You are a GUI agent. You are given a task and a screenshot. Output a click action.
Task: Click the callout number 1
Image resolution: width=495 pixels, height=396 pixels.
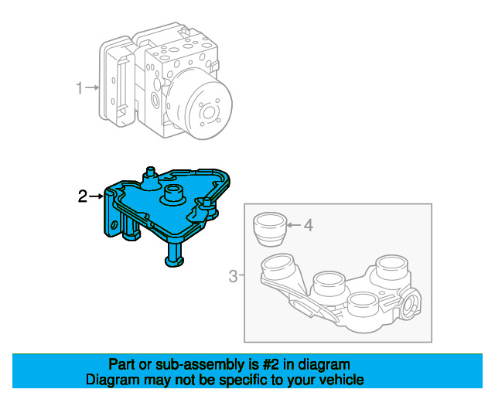(x=80, y=88)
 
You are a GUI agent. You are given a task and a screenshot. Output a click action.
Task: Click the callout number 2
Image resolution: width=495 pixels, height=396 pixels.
(x=83, y=196)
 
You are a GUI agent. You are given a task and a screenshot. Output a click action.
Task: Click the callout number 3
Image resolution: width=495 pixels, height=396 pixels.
(x=233, y=276)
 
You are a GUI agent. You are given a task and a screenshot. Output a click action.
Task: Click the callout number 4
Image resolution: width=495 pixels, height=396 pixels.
(x=308, y=225)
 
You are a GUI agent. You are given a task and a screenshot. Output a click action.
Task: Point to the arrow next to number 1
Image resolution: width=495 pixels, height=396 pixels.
(x=92, y=87)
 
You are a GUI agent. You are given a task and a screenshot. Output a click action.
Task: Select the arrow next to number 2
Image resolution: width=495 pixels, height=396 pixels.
(x=96, y=196)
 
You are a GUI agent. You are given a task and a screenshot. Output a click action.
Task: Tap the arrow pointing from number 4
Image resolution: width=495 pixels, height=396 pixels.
(x=294, y=225)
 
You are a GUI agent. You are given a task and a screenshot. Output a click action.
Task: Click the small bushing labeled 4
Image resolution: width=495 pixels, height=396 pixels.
(x=270, y=229)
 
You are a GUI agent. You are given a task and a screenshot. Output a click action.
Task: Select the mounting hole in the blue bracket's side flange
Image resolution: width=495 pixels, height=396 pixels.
(x=114, y=225)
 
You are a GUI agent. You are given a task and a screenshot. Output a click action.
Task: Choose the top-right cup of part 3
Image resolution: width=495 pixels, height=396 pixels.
(x=391, y=267)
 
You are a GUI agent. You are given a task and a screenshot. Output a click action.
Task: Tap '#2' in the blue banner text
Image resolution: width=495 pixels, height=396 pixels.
(x=271, y=364)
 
